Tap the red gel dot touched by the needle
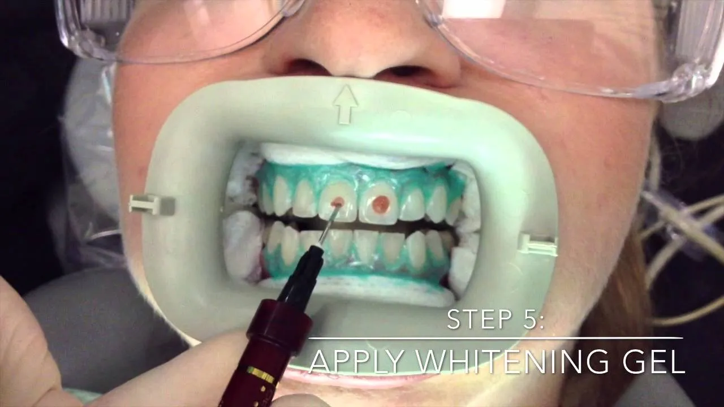click(x=338, y=202)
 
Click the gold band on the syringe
click(x=261, y=373)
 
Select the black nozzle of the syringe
click(x=300, y=277)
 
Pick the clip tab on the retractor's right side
click(x=536, y=244)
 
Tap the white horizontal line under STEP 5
click(x=495, y=338)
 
